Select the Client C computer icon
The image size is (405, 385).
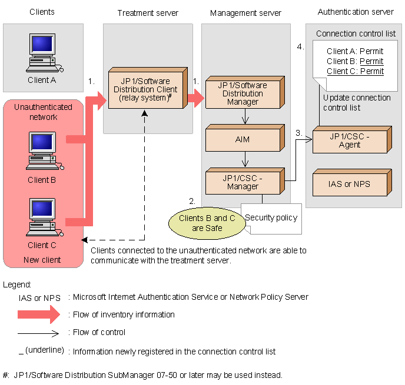pyautogui.click(x=42, y=218)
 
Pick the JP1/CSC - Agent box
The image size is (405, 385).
pyautogui.click(x=349, y=140)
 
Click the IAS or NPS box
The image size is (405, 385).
pyautogui.click(x=349, y=184)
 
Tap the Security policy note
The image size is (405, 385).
pyautogui.click(x=271, y=218)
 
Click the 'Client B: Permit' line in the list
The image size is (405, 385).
pyautogui.click(x=354, y=61)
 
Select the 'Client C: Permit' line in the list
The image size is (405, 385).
pyautogui.click(x=354, y=71)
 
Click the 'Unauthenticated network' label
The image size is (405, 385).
pyautogui.click(x=43, y=112)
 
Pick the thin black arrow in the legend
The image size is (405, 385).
pyautogui.click(x=39, y=333)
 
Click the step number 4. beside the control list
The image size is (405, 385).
pyautogui.click(x=300, y=47)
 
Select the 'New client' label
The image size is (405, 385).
pyautogui.click(x=42, y=259)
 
